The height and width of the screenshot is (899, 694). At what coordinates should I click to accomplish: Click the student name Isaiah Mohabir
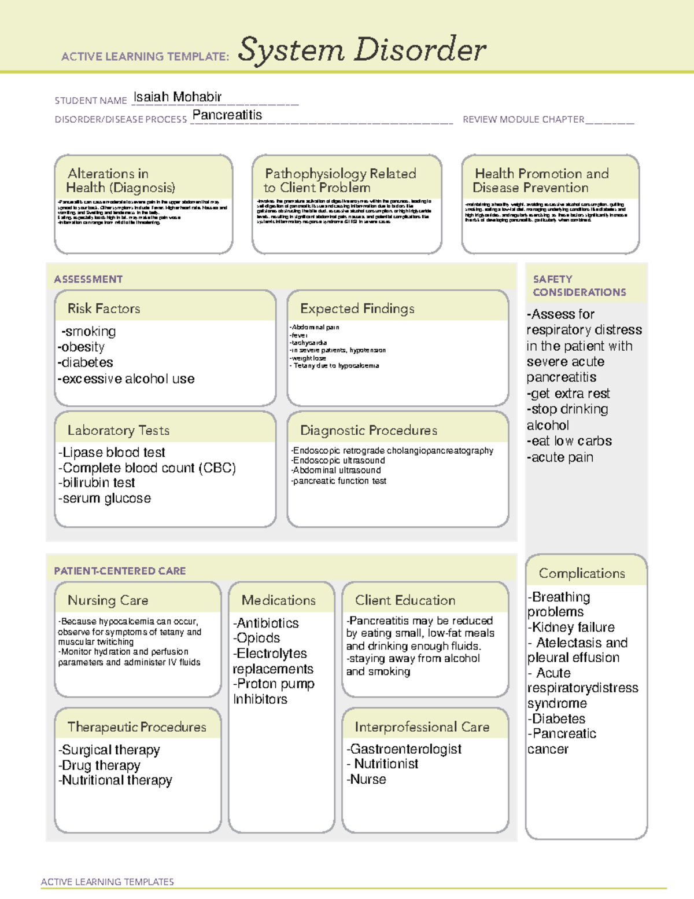click(178, 97)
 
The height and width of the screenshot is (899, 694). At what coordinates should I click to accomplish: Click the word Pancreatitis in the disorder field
click(227, 115)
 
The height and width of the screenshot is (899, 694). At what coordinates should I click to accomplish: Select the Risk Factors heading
click(104, 309)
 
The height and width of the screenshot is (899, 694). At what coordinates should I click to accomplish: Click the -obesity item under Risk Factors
click(82, 347)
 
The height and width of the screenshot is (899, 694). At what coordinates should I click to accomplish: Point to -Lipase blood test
click(112, 452)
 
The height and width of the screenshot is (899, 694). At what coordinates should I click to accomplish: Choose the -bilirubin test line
click(97, 483)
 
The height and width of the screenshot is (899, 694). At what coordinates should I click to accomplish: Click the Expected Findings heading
click(357, 309)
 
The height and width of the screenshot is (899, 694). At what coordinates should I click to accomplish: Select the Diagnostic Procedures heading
click(368, 430)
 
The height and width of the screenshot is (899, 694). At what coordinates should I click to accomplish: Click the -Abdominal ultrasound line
click(336, 471)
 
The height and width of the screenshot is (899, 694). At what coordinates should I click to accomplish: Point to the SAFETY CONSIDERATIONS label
click(579, 286)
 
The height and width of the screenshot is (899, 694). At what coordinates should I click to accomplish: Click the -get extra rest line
click(569, 394)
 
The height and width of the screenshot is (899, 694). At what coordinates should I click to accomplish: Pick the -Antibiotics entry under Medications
click(266, 623)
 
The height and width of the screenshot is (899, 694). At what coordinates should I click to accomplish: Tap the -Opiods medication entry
click(257, 638)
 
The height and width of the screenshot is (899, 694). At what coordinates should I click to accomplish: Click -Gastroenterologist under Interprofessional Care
click(404, 749)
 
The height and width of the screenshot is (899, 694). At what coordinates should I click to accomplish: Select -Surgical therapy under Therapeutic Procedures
click(109, 750)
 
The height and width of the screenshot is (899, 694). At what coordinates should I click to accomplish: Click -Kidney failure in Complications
click(571, 628)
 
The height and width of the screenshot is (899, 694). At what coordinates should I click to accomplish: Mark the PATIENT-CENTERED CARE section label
click(120, 571)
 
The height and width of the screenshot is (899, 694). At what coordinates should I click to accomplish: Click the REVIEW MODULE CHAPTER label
click(523, 119)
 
